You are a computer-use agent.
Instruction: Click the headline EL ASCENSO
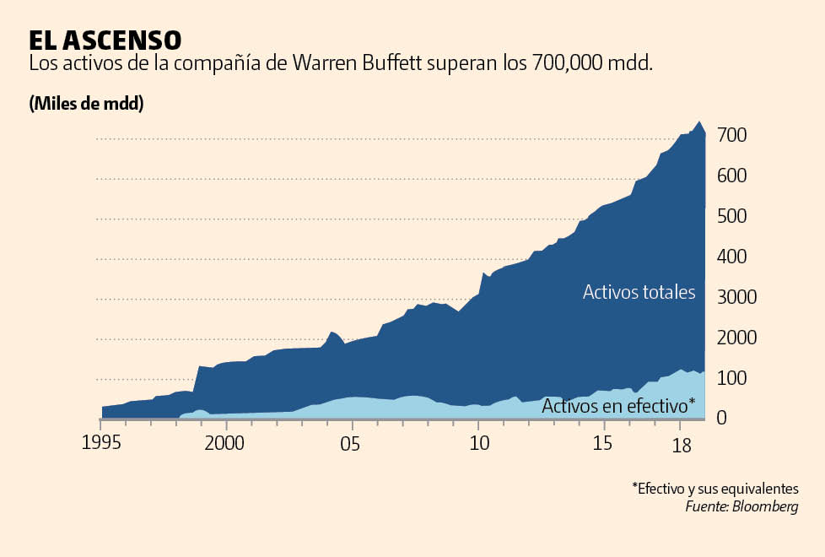pos(105,40)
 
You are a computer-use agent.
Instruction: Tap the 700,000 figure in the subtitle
pos(578,64)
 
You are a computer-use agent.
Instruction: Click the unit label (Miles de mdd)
pos(86,104)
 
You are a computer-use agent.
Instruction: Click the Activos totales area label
pos(639,293)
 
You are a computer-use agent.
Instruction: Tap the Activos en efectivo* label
pos(618,406)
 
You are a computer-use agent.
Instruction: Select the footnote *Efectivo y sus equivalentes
pos(714,489)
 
